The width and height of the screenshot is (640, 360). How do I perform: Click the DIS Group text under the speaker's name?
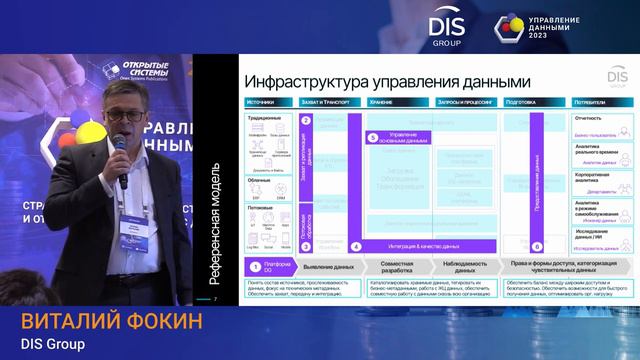click(x=52, y=344)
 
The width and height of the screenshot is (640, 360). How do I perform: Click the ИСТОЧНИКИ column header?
click(x=262, y=102)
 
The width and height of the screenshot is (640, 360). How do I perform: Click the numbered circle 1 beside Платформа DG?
click(x=255, y=267)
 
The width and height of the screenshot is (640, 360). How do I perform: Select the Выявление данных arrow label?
click(x=329, y=267)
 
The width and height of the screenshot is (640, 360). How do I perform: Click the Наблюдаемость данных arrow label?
click(x=458, y=267)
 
